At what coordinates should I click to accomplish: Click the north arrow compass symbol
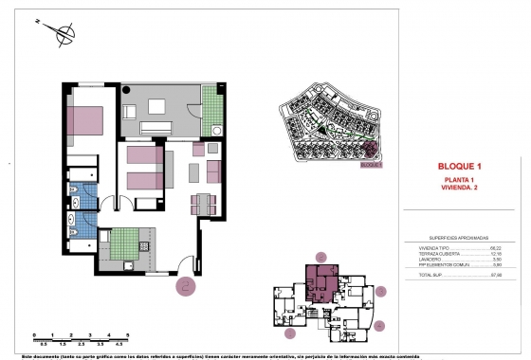click(x=64, y=35)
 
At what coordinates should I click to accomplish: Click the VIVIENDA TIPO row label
click(x=435, y=246)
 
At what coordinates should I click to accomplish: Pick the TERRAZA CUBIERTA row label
click(x=439, y=253)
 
